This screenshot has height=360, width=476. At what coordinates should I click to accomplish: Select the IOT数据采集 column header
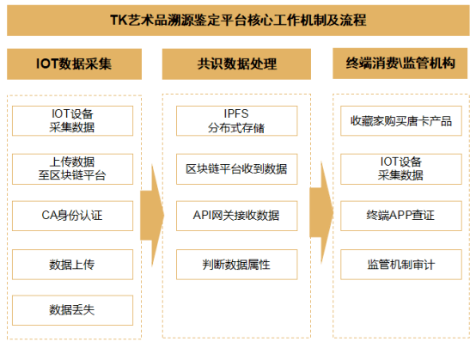(x=74, y=64)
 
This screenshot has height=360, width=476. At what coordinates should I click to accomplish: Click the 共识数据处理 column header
(x=236, y=64)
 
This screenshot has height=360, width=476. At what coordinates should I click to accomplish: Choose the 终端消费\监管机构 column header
(x=400, y=64)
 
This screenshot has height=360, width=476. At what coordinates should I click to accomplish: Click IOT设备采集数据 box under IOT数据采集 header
(x=72, y=121)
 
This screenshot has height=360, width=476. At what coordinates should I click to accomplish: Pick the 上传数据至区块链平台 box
(x=72, y=169)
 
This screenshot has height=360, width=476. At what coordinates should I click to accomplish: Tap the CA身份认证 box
(x=72, y=216)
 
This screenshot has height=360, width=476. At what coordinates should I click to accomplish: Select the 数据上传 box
(x=72, y=265)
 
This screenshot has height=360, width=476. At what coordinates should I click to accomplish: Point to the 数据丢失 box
(x=72, y=310)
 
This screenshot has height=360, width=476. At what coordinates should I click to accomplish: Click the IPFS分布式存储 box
(x=237, y=121)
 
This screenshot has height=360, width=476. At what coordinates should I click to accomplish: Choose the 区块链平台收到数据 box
(x=237, y=169)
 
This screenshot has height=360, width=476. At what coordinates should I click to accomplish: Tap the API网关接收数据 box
(x=237, y=216)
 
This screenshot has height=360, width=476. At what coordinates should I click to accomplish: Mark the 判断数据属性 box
(x=237, y=265)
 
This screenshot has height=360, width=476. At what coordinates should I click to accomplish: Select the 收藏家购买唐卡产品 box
(x=401, y=121)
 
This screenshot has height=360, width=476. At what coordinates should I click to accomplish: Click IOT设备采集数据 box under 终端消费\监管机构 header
(x=401, y=169)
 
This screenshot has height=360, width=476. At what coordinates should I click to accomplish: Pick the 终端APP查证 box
(x=401, y=216)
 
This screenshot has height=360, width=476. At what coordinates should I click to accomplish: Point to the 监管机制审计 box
(x=401, y=265)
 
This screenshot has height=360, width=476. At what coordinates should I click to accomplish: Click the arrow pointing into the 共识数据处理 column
(x=152, y=216)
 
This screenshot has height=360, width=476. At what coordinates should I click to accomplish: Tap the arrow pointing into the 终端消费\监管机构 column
(x=321, y=212)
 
